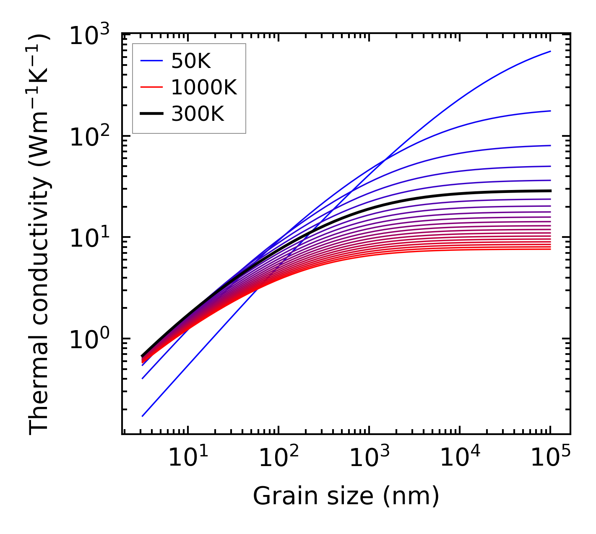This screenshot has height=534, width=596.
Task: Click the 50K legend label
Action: (191, 62)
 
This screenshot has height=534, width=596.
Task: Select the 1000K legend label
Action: (204, 88)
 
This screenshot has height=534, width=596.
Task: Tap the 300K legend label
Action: (198, 114)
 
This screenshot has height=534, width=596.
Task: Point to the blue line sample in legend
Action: (151, 62)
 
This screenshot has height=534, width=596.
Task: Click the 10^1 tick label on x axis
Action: (188, 458)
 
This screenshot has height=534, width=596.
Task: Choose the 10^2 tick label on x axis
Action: (278, 458)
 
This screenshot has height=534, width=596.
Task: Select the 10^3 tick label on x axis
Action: (369, 458)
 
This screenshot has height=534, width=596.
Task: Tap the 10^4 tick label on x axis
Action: (460, 458)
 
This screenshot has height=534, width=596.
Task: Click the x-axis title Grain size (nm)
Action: (346, 496)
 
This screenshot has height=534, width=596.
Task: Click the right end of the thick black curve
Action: (550, 191)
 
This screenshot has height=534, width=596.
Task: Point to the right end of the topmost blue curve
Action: (550, 52)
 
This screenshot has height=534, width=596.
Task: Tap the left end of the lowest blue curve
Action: (143, 416)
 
